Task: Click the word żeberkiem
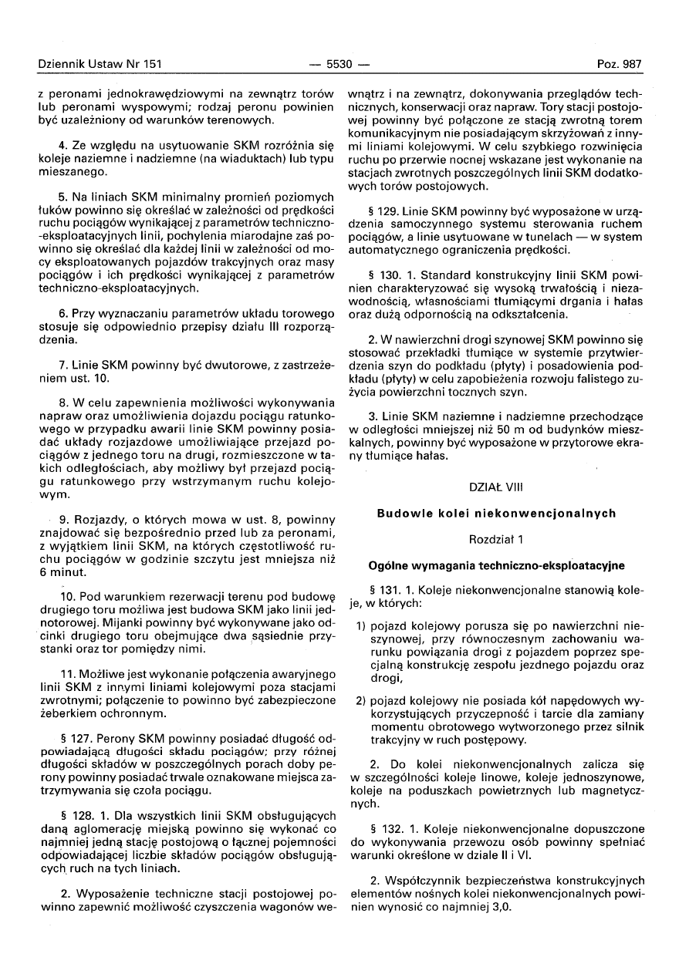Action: point(62,712)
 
